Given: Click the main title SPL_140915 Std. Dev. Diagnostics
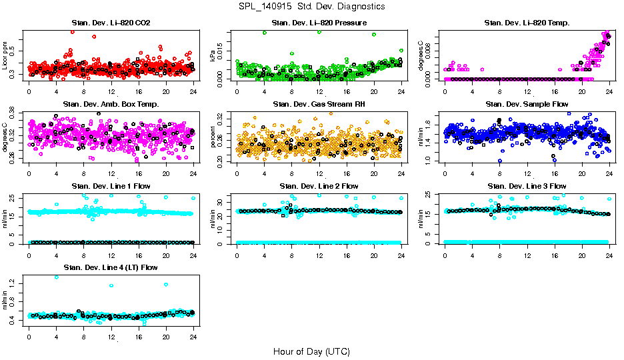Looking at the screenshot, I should click(311, 7).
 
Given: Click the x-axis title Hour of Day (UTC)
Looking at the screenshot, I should click(311, 351).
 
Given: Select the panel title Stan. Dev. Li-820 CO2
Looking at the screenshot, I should click(111, 23).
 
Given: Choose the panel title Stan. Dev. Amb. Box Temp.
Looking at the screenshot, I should click(111, 104).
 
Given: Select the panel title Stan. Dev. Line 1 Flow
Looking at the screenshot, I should click(111, 186).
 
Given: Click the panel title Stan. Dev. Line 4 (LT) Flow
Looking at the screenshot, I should click(111, 268).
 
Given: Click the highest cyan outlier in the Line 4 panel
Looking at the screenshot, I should click(56, 277).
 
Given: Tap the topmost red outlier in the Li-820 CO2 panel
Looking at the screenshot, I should click(72, 32).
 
